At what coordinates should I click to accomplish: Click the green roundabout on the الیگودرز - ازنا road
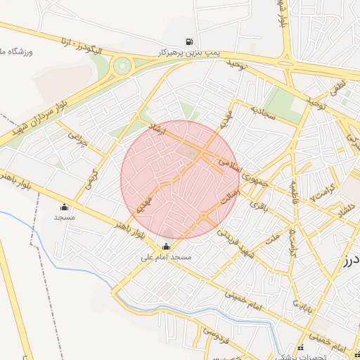pos(123,66)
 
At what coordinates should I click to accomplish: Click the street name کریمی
pos(91,176)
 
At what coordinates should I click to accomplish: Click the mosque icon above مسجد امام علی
pos(166,246)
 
